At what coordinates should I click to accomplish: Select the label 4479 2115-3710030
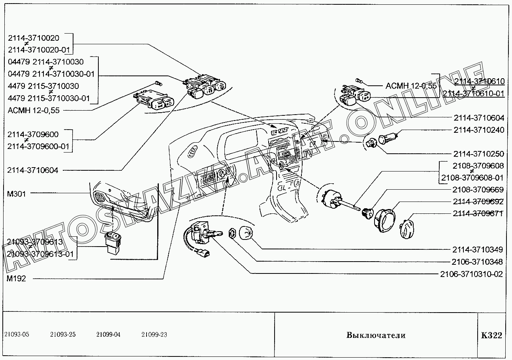tap(43, 86)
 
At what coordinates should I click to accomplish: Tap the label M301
tap(17, 194)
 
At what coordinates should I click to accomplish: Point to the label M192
tap(17, 278)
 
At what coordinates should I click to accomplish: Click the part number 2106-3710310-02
tap(472, 274)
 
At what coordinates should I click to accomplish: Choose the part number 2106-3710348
tap(477, 262)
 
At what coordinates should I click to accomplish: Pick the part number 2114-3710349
tap(477, 249)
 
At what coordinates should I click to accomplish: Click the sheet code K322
tap(491, 335)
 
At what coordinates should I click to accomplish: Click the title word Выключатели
tap(376, 335)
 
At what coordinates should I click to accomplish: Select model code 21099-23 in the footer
tap(154, 335)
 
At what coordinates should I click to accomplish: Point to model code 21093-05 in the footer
tap(17, 335)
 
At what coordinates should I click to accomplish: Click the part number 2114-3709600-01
tap(38, 147)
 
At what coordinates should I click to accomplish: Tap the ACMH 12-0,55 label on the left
tap(33, 110)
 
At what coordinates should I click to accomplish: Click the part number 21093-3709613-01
tap(40, 254)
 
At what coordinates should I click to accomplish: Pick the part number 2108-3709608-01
tap(472, 177)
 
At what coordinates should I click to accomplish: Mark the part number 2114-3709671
tap(478, 213)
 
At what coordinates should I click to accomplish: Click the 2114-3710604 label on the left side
tap(33, 170)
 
